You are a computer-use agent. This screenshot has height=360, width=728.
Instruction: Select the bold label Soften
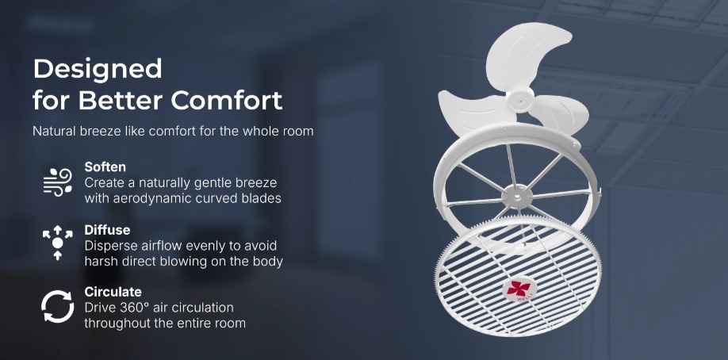coord(105,167)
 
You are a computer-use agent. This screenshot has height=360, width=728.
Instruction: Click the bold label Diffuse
coord(107,230)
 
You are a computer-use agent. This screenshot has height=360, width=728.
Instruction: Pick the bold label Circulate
coord(113,292)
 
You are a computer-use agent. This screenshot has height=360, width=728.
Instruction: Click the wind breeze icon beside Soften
coord(58,182)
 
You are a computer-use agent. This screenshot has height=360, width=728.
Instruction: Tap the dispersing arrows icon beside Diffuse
coord(58,242)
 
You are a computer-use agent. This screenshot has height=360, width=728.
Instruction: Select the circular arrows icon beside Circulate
coord(58,306)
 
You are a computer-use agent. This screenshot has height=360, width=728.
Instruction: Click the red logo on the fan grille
coord(519,290)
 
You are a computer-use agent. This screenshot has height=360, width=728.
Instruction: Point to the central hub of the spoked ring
coord(517,197)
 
